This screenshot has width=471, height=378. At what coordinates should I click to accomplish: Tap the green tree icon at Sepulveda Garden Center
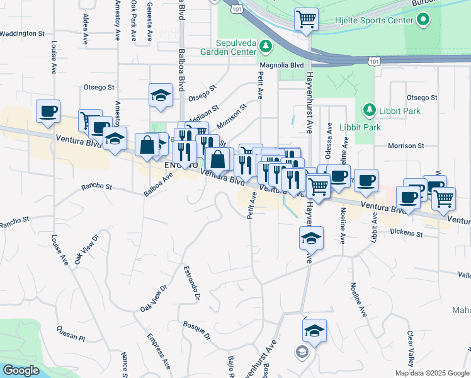click(x=266, y=45)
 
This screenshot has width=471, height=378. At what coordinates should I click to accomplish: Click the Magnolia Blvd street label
click(x=282, y=65)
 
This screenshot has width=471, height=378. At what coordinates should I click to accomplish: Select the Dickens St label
click(x=405, y=234)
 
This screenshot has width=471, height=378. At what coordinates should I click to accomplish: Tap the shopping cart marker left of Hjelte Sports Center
click(x=306, y=19)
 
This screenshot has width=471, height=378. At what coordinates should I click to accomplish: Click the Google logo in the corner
click(x=21, y=370)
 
